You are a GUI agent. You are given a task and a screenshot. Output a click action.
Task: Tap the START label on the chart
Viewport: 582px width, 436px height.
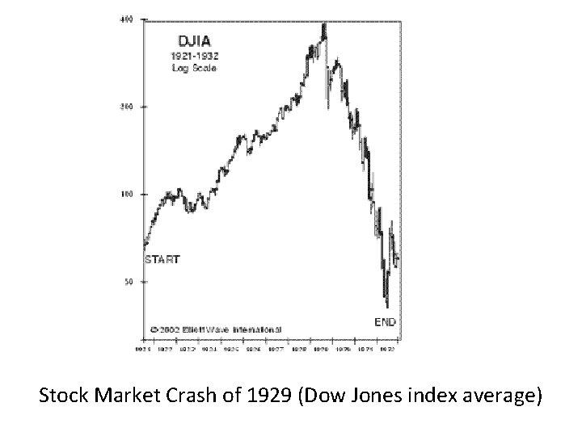[162, 260]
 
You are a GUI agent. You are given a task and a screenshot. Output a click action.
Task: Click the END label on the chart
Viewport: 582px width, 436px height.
[385, 321]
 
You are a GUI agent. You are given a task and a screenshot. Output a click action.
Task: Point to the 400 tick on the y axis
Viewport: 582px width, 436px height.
[126, 19]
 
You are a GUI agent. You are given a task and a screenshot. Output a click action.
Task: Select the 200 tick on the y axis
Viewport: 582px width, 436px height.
[126, 107]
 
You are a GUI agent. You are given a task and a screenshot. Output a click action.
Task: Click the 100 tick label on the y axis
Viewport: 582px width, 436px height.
[126, 195]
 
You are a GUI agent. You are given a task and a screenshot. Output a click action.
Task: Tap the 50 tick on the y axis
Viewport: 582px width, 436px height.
[129, 283]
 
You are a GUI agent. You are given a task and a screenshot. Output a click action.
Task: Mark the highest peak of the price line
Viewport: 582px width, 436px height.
[324, 24]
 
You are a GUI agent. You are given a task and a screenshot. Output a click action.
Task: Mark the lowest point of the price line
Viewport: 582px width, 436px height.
[387, 307]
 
